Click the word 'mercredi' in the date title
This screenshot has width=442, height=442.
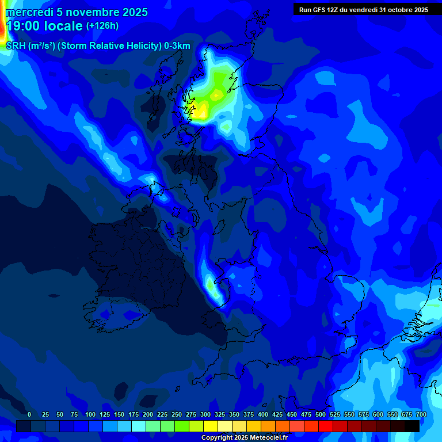[29, 12]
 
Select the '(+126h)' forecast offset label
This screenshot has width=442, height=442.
[102, 26]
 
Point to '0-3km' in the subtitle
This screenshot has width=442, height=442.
[177, 46]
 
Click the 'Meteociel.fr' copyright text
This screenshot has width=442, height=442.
[268, 438]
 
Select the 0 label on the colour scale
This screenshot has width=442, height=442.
[29, 414]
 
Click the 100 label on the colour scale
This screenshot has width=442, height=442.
[90, 414]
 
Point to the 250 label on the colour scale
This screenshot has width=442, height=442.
[177, 414]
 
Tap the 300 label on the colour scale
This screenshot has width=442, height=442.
[205, 414]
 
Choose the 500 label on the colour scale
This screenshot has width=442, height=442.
[321, 414]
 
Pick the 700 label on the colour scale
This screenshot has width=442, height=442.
[421, 414]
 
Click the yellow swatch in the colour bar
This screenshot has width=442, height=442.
[211, 426]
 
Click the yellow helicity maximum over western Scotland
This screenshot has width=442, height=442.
[201, 111]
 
